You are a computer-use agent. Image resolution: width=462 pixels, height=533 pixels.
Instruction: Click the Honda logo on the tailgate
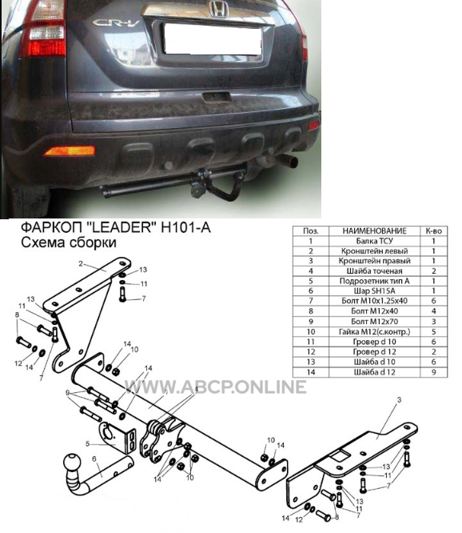(218, 9)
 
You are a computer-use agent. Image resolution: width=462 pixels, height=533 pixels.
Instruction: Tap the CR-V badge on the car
(116, 23)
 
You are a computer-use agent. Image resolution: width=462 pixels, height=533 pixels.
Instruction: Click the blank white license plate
(213, 38)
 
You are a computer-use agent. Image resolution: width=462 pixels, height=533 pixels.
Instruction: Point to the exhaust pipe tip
(290, 162)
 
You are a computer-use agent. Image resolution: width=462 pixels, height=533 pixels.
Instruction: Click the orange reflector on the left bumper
(70, 150)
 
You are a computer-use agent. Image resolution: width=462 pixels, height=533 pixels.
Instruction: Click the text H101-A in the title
(185, 227)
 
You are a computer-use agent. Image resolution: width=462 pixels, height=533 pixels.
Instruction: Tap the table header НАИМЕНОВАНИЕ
(374, 230)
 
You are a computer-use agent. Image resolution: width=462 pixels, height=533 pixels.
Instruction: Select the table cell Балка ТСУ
(374, 241)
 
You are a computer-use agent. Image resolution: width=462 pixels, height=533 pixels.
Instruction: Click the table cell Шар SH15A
(374, 291)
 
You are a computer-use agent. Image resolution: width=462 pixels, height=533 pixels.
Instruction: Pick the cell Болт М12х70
(374, 321)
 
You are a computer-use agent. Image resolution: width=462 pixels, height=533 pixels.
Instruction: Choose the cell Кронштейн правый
(374, 261)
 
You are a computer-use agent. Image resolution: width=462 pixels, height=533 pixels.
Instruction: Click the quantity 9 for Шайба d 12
(433, 372)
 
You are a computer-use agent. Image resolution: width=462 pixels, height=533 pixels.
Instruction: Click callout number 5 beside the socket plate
(88, 444)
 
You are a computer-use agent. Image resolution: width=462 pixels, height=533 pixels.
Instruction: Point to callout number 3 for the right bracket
(399, 400)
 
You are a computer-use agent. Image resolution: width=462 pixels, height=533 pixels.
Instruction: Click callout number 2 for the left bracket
(81, 263)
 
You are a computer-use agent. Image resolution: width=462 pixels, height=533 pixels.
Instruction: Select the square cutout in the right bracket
(341, 455)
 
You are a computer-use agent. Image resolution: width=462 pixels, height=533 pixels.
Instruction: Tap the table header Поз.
(311, 230)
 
